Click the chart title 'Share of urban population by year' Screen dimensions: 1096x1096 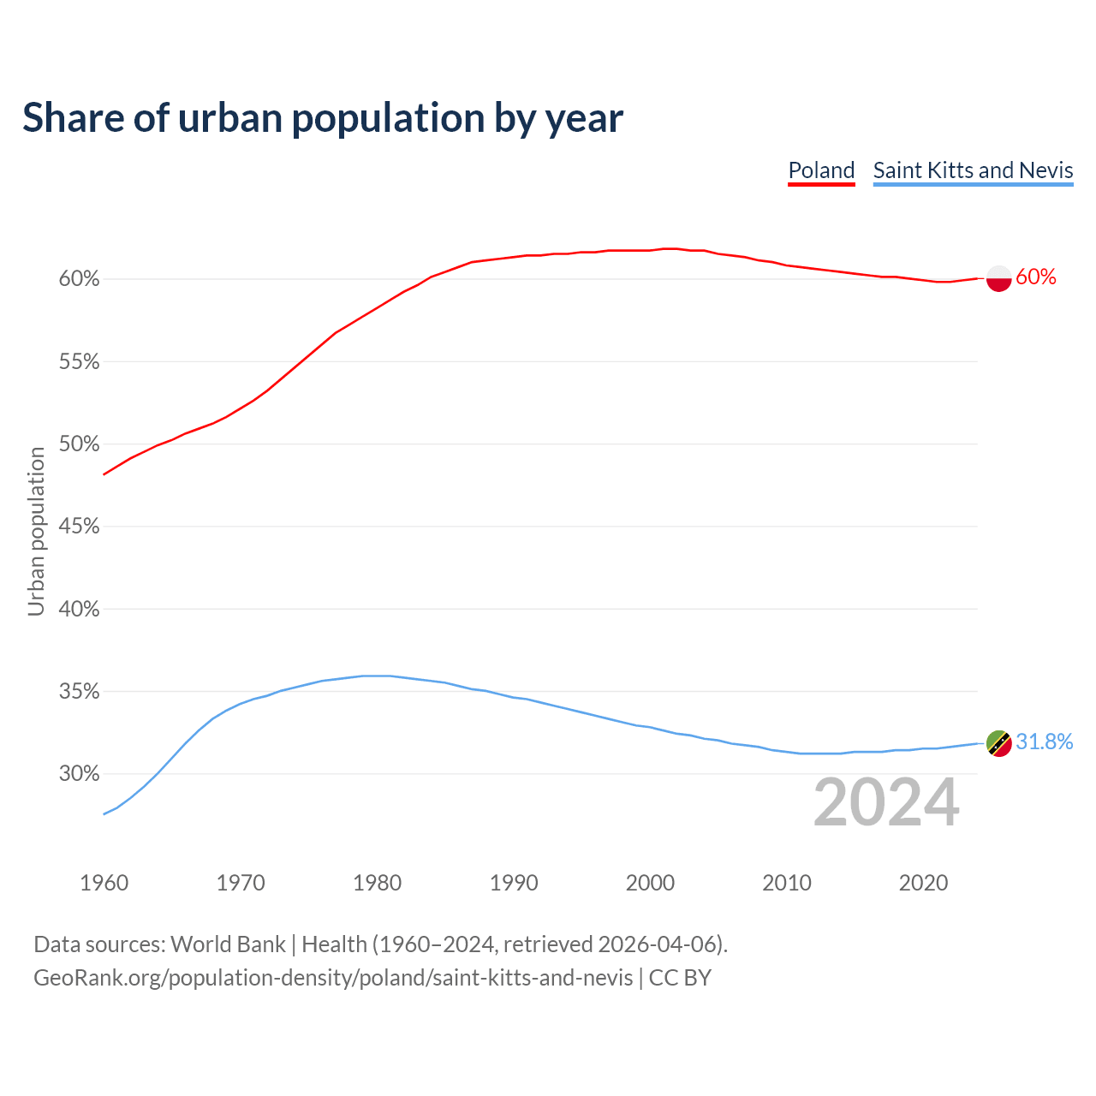323,118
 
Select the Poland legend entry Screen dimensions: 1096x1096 821,170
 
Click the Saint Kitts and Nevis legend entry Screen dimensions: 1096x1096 973,170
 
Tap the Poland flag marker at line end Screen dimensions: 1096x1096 999,278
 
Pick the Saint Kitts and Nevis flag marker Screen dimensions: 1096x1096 999,743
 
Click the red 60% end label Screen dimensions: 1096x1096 1036,277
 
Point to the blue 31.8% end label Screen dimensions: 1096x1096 1045,742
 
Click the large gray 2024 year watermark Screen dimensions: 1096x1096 886,803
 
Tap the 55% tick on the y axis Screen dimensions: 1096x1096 80,362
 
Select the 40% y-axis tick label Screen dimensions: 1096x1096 80,610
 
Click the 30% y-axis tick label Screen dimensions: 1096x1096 80,774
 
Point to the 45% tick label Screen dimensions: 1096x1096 80,527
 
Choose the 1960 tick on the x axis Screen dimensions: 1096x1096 104,883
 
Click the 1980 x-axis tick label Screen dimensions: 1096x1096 378,883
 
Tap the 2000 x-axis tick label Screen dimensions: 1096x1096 651,883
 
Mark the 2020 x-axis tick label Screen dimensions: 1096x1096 923,883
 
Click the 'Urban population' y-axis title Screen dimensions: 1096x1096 36,532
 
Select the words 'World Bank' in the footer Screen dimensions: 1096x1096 228,944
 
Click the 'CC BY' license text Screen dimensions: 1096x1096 680,978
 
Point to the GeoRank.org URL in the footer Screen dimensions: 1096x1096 333,978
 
